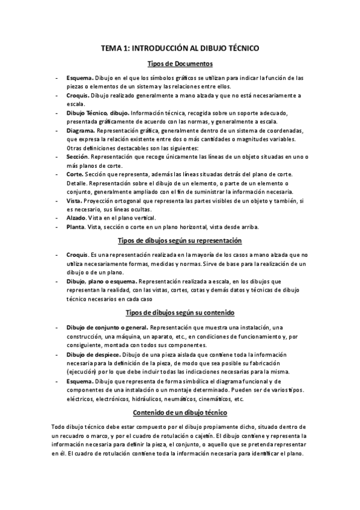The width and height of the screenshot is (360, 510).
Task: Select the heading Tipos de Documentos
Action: coord(180,64)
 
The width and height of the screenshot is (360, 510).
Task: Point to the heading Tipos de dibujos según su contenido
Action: coord(180,313)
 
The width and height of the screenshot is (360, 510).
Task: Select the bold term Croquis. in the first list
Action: coord(78,95)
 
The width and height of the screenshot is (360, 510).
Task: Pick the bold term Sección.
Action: coord(79,156)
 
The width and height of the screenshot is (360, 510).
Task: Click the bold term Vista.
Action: coord(75,200)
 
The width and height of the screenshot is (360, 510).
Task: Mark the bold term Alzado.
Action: coord(77,217)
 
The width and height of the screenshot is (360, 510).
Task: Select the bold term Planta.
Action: coord(77,227)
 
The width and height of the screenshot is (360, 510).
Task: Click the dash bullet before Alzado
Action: coord(56,217)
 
